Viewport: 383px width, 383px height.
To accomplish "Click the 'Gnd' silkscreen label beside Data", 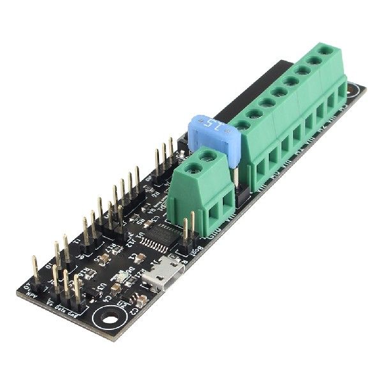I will coord(79,313).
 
